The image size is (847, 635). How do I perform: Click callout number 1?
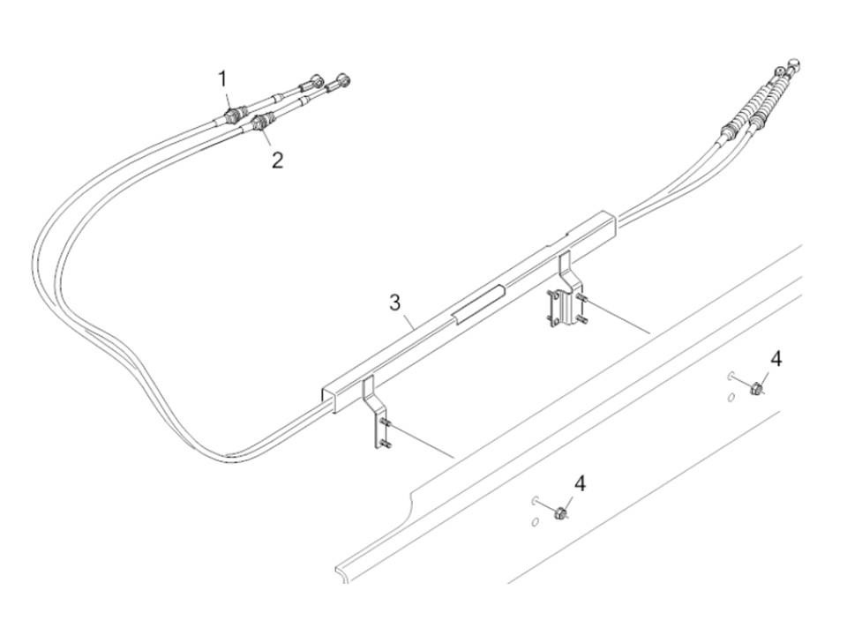(x=222, y=78)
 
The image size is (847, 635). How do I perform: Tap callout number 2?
(x=277, y=160)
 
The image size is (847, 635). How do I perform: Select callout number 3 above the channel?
(x=395, y=303)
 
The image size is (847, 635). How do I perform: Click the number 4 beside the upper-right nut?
(x=776, y=359)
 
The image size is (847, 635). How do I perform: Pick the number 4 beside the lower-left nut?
(x=580, y=483)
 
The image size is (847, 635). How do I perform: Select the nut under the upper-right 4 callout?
(x=757, y=388)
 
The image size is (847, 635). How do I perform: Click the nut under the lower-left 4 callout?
(x=561, y=512)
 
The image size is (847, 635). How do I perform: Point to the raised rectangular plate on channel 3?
(x=480, y=304)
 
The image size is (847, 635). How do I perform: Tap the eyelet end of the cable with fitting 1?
(x=318, y=82)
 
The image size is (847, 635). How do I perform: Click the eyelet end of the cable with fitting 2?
(x=343, y=80)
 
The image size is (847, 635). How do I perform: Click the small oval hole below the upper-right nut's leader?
(x=731, y=398)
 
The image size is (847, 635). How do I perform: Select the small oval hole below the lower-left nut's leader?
(x=536, y=521)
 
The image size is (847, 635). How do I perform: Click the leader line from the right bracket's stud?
(x=618, y=317)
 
